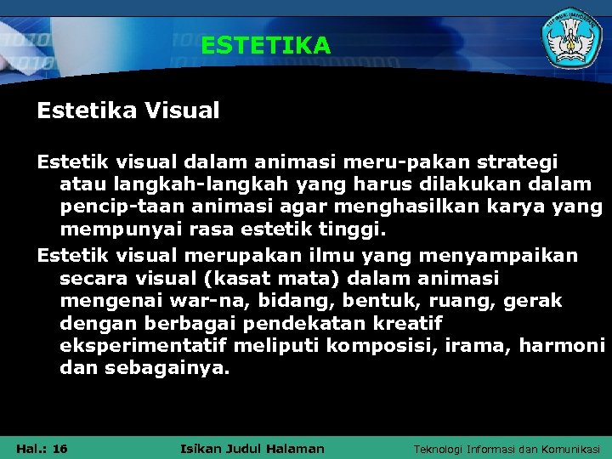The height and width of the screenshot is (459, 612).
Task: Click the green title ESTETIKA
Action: [265, 45]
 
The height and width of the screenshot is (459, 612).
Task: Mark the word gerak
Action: [532, 301]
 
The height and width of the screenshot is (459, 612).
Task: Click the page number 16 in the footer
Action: [59, 449]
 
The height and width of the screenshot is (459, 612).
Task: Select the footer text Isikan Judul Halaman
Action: [253, 449]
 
